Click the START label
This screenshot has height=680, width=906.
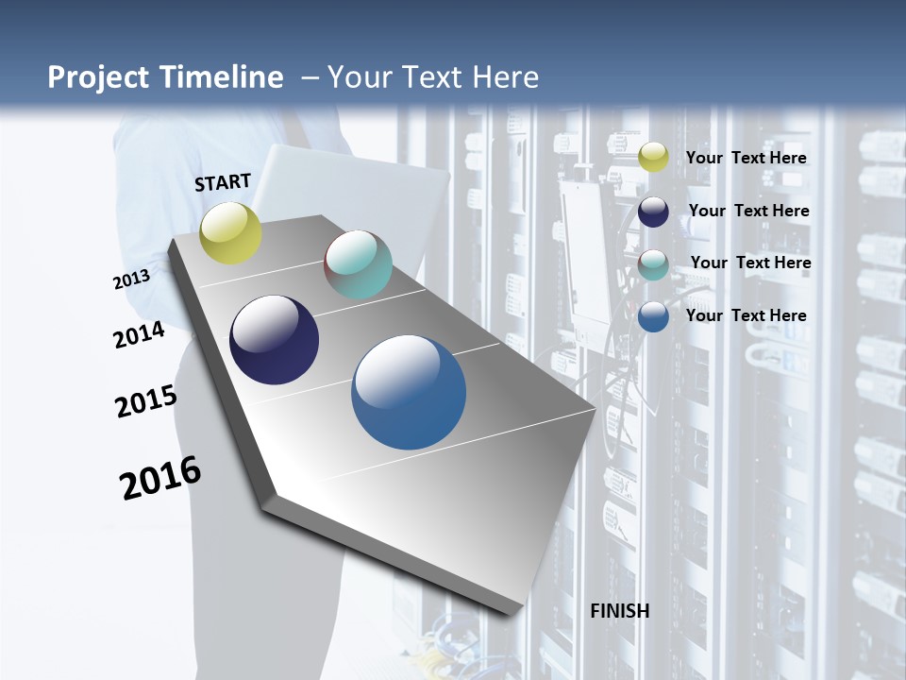pyautogui.click(x=223, y=182)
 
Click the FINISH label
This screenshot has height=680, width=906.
pyautogui.click(x=620, y=611)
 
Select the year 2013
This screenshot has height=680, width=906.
pyautogui.click(x=131, y=280)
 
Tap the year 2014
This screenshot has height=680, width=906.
pyautogui.click(x=140, y=335)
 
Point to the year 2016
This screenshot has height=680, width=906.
pyautogui.click(x=160, y=478)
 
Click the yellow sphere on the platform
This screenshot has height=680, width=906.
pyautogui.click(x=231, y=232)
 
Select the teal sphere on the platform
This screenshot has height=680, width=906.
pyautogui.click(x=358, y=264)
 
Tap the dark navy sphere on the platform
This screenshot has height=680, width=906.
pyautogui.click(x=274, y=340)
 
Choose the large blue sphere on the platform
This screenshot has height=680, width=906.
pyautogui.click(x=409, y=392)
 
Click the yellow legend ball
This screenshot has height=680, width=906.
pyautogui.click(x=653, y=158)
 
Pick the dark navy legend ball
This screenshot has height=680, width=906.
pyautogui.click(x=653, y=212)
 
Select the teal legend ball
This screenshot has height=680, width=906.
pyautogui.click(x=653, y=264)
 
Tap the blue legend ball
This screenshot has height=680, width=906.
pyautogui.click(x=653, y=316)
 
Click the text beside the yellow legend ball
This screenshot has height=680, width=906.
pyautogui.click(x=746, y=158)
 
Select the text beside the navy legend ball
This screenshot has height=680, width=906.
pyautogui.click(x=748, y=211)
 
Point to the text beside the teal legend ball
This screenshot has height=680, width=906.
pyautogui.click(x=750, y=263)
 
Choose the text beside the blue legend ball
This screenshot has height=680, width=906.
pyautogui.click(x=746, y=315)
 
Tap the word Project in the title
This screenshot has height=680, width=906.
pyautogui.click(x=99, y=77)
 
